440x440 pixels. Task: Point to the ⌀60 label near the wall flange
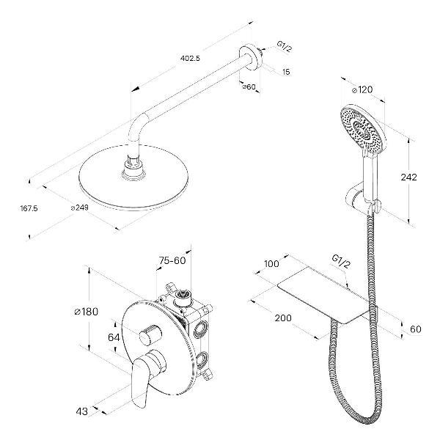pos(248,87)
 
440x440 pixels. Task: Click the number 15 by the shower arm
pos(286,71)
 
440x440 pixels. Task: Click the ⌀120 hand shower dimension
pos(364,89)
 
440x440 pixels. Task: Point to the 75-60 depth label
pos(172,260)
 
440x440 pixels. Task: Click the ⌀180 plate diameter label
pos(87,312)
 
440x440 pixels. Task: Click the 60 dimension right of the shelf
pos(416,329)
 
